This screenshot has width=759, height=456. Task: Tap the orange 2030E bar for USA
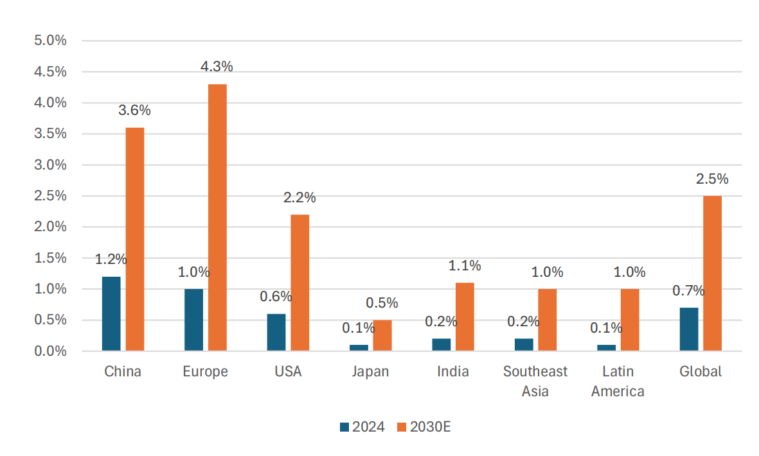point(299,283)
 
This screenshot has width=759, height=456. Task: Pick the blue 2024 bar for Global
point(689,329)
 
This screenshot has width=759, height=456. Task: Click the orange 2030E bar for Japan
point(382,335)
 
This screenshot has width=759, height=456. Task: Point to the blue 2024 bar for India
point(442,344)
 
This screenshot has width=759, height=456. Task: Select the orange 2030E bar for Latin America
point(630,320)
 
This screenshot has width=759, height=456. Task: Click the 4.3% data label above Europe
point(217,67)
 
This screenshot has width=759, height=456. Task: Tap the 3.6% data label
point(134,110)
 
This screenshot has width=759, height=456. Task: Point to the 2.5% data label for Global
point(712,179)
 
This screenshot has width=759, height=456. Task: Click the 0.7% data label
point(688,291)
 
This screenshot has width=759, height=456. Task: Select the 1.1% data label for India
point(465,266)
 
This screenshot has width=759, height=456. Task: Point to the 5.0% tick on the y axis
point(50,40)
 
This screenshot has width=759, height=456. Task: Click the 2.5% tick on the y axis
point(50,196)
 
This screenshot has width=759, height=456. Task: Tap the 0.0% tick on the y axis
point(50,351)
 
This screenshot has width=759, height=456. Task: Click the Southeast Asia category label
point(535,381)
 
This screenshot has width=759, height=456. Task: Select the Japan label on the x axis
point(370,371)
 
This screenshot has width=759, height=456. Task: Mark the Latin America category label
point(618,381)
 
